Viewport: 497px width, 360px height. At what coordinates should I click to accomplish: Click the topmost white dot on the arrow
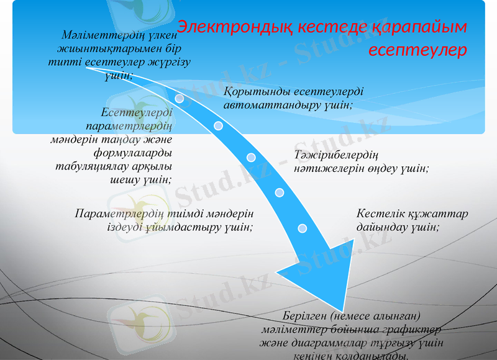180,98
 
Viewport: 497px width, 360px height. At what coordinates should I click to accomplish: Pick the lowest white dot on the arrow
303,228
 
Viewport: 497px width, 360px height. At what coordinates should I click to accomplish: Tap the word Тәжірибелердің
337,155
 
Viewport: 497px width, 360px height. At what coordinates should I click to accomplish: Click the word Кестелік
380,214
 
